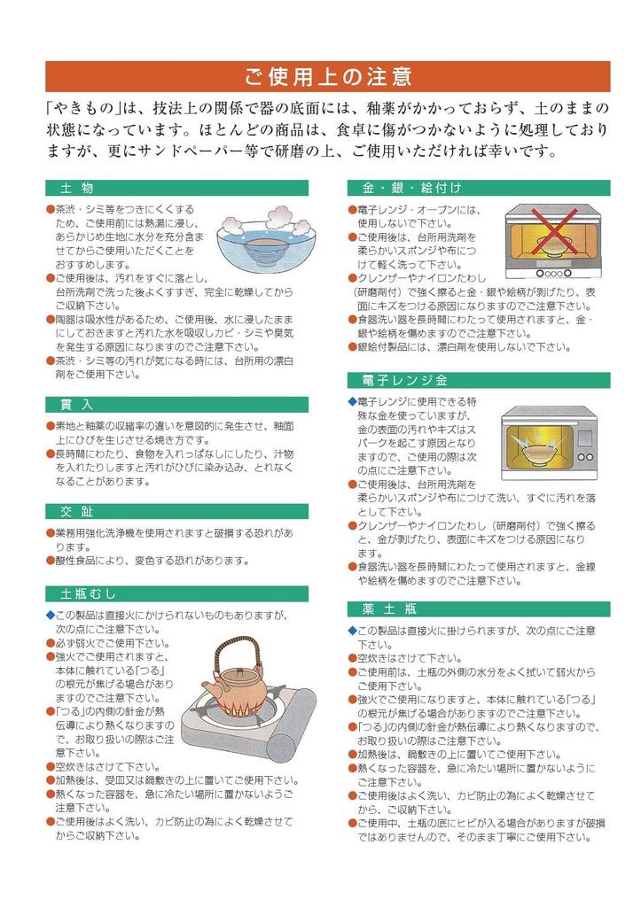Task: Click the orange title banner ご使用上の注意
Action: tap(327, 76)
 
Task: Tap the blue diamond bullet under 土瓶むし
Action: tap(50, 614)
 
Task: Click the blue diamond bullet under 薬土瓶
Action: tap(351, 630)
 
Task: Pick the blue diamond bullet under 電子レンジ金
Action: tap(351, 401)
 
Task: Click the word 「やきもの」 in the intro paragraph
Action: tap(85, 109)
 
